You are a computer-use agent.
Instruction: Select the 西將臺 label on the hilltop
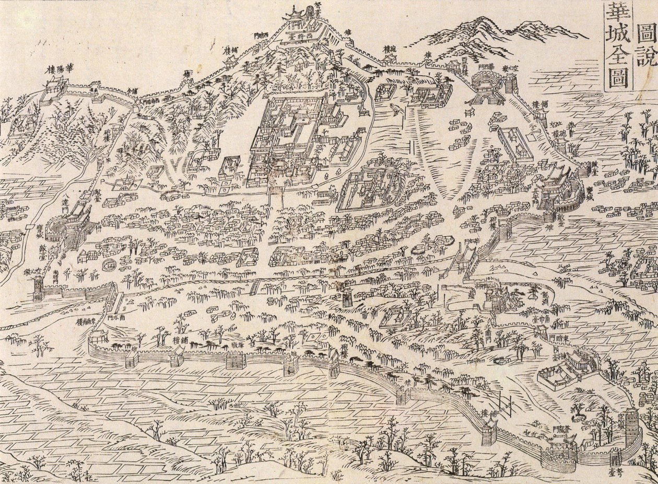click(305, 38)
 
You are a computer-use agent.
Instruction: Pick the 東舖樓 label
click(84, 321)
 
